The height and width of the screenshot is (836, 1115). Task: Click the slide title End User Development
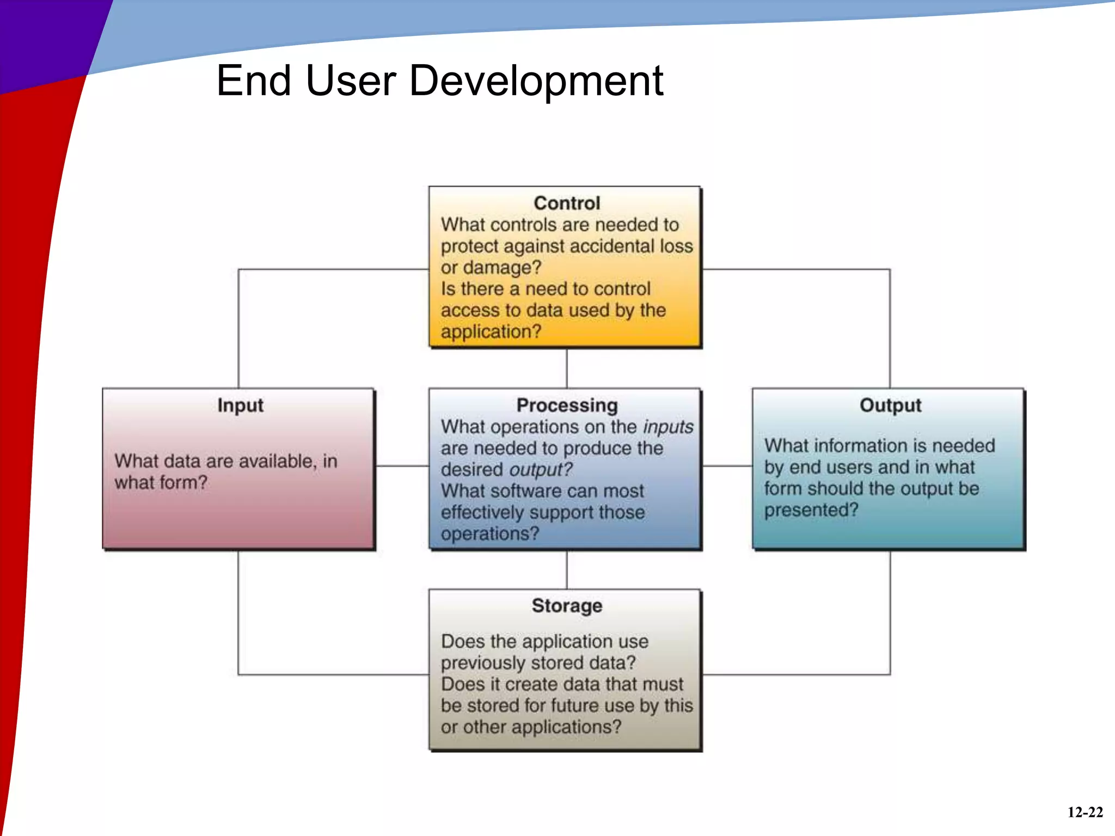click(439, 81)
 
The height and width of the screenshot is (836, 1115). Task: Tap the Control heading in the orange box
click(567, 203)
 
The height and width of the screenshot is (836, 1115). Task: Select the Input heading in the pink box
click(240, 405)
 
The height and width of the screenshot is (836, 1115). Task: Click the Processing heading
click(567, 405)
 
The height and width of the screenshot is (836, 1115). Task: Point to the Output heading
click(890, 405)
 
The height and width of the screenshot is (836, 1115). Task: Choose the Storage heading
click(567, 606)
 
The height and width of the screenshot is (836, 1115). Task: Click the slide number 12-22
click(1085, 813)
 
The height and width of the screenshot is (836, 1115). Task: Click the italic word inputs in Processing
click(668, 427)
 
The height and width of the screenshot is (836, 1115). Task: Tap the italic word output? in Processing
click(541, 470)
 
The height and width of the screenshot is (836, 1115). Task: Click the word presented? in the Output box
click(811, 510)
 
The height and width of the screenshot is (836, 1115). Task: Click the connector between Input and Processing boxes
click(402, 466)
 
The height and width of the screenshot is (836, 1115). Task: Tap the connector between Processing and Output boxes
click(727, 466)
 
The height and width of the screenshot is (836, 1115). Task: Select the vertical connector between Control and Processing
click(567, 368)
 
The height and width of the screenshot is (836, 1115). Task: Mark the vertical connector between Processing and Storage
click(567, 570)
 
